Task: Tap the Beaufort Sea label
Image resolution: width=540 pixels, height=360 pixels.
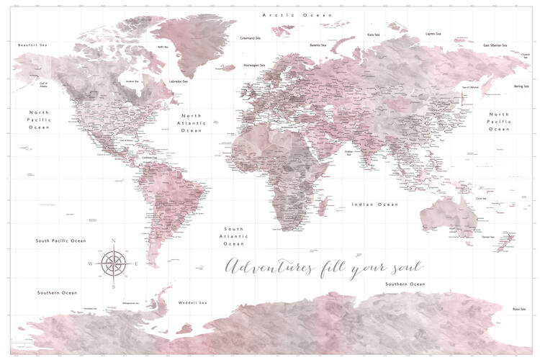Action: [32, 45]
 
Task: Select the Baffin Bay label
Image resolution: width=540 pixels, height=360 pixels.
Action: [163, 48]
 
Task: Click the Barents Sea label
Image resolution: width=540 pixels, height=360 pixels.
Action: [318, 45]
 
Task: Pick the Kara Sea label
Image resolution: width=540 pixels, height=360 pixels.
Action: [374, 34]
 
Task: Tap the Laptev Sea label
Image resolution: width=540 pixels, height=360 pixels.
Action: [433, 33]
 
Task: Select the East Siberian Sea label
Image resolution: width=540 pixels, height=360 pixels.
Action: [496, 45]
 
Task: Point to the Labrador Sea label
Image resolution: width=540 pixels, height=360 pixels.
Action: [178, 81]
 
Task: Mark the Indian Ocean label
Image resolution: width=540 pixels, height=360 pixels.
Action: [374, 204]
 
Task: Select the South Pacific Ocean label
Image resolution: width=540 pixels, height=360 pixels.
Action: [61, 240]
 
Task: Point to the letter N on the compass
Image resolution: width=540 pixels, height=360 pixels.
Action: [113, 240]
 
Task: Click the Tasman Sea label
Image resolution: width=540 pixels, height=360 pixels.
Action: [488, 236]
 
